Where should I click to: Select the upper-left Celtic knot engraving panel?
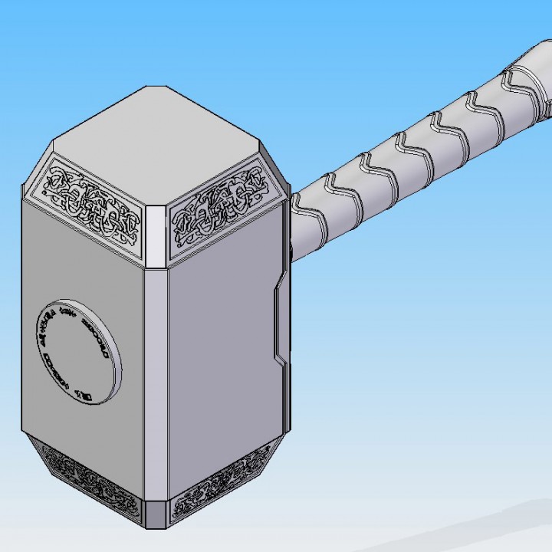coord(93,203)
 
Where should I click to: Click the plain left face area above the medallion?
coord(84,261)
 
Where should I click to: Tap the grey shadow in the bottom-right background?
coord(498,529)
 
